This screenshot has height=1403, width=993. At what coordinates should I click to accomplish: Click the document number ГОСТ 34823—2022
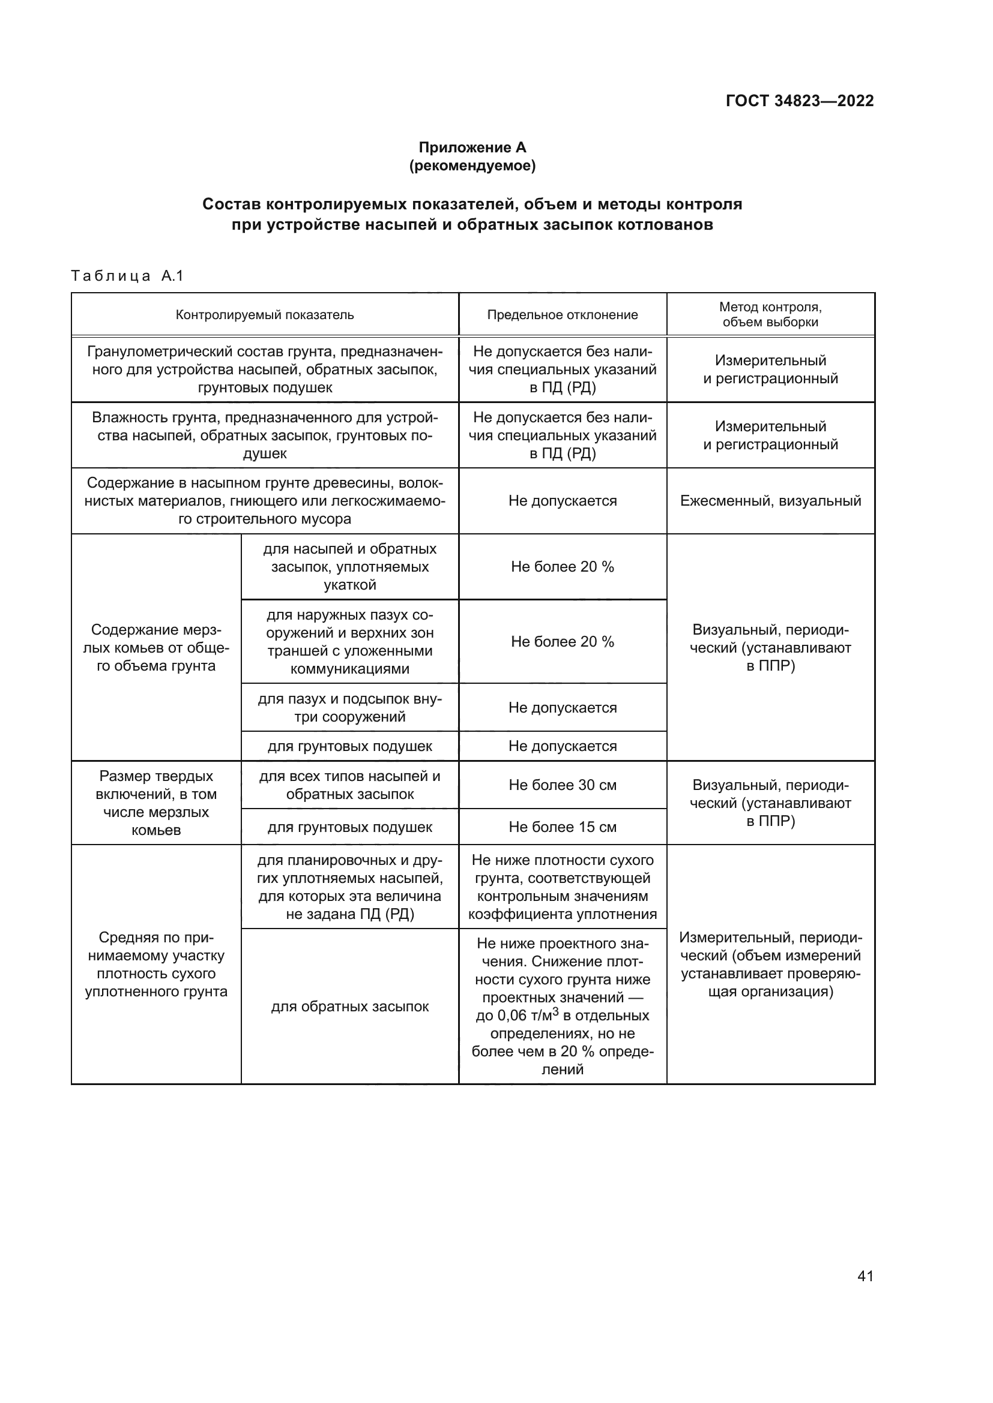[799, 101]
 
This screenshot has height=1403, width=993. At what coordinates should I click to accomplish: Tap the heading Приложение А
[472, 148]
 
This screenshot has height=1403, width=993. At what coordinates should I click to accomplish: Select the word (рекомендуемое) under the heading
[472, 166]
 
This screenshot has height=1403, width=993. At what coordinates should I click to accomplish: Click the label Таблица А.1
[127, 276]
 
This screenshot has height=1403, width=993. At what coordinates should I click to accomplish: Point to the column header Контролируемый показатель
[265, 315]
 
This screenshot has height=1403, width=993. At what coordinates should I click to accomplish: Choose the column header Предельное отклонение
[562, 315]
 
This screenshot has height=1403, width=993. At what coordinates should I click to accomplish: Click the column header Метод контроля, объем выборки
[770, 314]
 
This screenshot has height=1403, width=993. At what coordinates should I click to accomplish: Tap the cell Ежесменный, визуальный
[770, 501]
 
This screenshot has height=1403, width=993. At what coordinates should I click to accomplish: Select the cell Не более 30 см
[562, 785]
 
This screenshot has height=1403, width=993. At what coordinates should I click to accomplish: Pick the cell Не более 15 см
[562, 827]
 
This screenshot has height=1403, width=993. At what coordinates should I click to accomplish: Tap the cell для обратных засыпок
[350, 1007]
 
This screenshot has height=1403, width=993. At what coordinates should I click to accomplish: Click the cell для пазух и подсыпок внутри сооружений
[350, 708]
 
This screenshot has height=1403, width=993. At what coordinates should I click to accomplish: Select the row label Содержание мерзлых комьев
[156, 648]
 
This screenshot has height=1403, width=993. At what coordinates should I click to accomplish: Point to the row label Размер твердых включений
[156, 803]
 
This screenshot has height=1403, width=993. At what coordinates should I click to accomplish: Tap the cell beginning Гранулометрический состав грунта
[265, 369]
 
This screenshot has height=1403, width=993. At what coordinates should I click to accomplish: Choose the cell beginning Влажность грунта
[265, 435]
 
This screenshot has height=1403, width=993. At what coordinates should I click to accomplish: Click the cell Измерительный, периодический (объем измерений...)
[770, 965]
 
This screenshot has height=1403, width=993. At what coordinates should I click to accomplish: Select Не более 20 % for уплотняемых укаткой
[562, 567]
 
